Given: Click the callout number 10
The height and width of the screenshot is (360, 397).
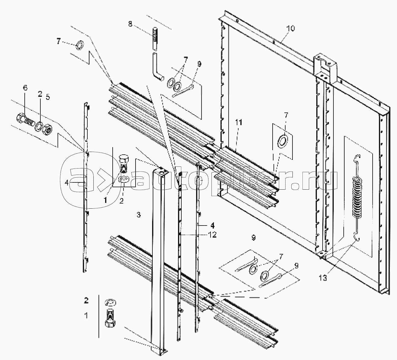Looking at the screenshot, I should coord(290,29).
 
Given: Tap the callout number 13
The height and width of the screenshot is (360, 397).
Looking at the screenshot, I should coord(323,278).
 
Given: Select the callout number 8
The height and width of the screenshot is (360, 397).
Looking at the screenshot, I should coord(130,24).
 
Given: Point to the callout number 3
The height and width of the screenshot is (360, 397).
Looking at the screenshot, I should coord(138,215).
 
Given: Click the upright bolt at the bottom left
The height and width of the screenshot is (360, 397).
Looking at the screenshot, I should coord(110,318).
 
